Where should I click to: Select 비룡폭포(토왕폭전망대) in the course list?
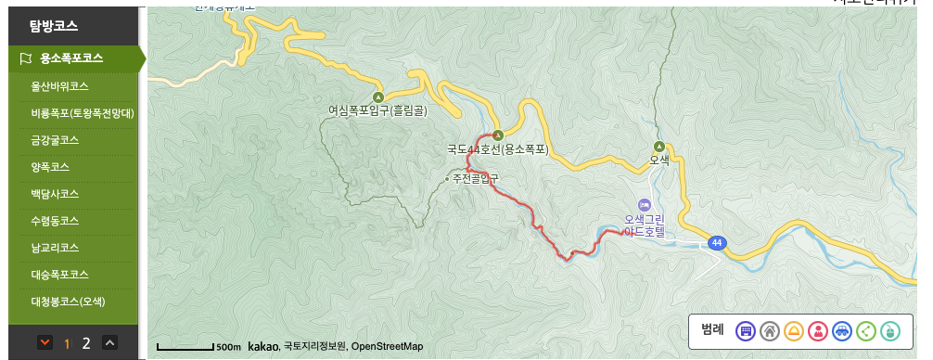(x=83, y=113)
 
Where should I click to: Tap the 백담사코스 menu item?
(x=55, y=194)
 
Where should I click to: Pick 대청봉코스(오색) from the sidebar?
(x=69, y=302)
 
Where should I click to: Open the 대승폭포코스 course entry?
(x=60, y=275)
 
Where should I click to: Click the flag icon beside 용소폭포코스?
(x=26, y=58)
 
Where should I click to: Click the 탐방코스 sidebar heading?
(x=54, y=25)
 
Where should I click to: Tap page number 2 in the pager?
(x=86, y=343)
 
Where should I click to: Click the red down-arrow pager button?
(x=45, y=343)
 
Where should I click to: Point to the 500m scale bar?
(x=199, y=346)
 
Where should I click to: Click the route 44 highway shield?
(x=716, y=242)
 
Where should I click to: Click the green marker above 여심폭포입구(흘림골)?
(x=377, y=96)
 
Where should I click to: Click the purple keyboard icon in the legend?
(x=746, y=330)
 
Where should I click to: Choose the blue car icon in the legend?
(x=842, y=330)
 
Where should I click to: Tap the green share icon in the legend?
(x=866, y=330)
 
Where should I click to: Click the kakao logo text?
(x=263, y=346)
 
